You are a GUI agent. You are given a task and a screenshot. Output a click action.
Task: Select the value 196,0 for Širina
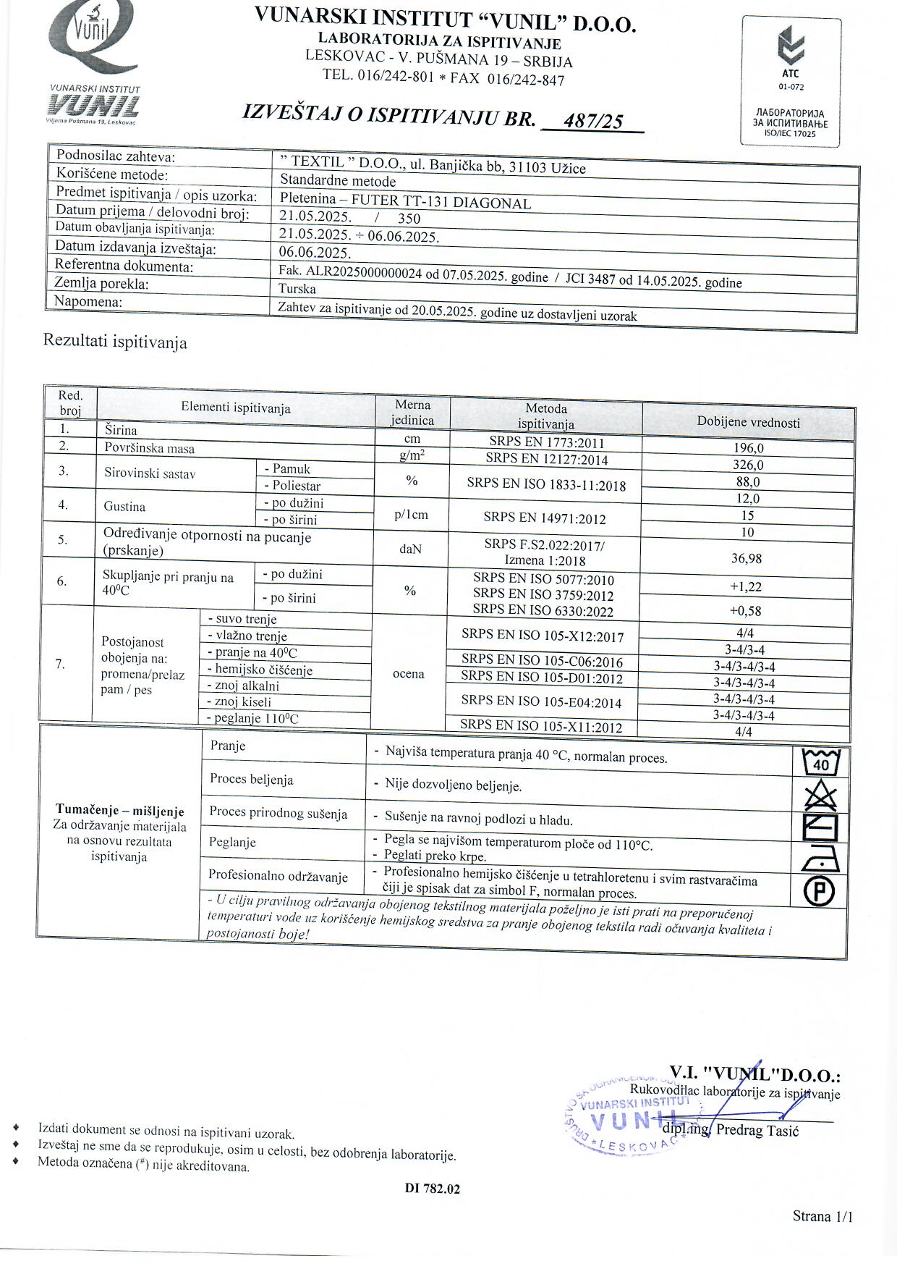pos(748,448)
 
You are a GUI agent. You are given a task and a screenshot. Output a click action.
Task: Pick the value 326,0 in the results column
pos(748,465)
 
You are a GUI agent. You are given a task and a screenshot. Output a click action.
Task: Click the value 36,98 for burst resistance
pos(747,558)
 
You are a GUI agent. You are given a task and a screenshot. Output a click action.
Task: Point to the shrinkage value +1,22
pos(746,586)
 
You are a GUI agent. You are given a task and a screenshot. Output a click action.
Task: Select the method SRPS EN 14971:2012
pos(545,518)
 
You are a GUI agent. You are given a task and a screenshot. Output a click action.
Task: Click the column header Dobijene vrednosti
pos(748,422)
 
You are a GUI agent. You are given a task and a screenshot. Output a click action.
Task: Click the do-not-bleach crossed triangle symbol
pos(820,797)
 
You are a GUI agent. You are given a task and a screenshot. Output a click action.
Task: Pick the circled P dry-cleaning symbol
pos(820,891)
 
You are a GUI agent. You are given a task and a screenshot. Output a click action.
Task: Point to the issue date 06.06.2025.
pos(315,253)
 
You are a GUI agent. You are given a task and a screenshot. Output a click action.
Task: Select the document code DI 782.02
pos(433,1188)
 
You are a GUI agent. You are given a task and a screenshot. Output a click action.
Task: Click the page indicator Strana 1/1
pos(822,1215)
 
